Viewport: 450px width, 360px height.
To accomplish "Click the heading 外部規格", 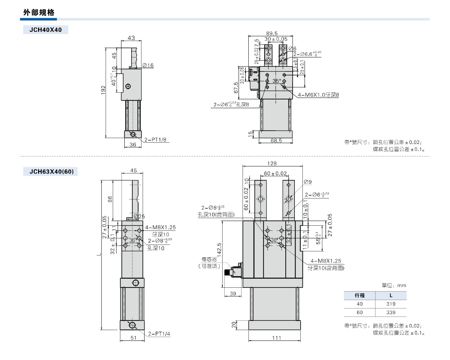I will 39,13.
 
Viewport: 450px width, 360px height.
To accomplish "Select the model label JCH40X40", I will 46,30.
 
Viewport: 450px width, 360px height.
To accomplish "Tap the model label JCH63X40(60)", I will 51,172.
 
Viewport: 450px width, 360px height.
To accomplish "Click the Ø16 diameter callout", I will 148,65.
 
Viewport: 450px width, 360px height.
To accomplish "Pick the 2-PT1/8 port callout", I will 155,140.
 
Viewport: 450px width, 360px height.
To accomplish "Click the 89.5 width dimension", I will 272,33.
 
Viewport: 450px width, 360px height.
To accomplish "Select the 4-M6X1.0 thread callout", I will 318,95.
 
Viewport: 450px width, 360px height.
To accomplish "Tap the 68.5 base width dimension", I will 276,140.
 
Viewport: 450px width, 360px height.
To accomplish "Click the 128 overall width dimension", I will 272,164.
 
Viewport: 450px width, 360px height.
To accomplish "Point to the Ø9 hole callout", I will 307,182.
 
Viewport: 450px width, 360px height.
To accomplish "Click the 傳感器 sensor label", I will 209,259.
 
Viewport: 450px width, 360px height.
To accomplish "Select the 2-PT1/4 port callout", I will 159,334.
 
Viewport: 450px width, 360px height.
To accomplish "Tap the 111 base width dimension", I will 277,338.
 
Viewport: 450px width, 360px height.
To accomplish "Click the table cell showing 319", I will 391,304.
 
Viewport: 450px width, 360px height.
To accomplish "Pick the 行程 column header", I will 359,296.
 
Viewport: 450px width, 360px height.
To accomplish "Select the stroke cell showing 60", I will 359,312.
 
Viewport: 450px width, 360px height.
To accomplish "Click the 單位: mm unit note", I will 394,286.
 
